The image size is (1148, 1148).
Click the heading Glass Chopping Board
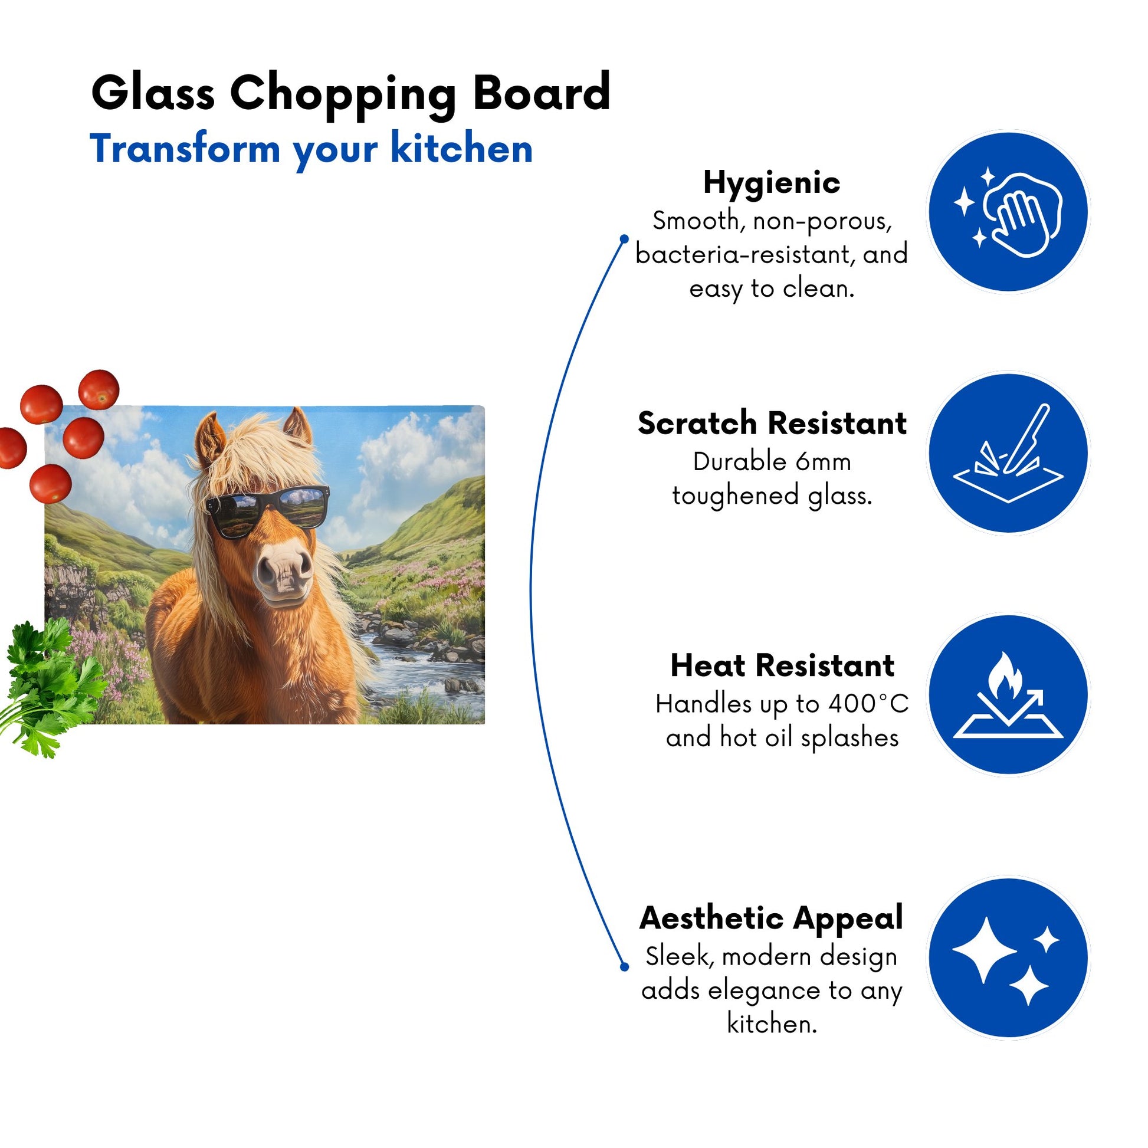(x=350, y=94)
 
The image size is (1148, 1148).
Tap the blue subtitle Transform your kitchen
(x=311, y=149)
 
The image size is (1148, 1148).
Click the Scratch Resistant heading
(x=772, y=423)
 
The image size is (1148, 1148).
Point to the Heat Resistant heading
(x=782, y=665)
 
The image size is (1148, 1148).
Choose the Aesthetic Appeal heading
(x=771, y=918)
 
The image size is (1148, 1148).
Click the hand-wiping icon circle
(x=1008, y=212)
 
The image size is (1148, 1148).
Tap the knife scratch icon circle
(x=1008, y=454)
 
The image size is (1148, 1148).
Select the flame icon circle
(x=1008, y=694)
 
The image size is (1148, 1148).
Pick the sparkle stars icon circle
(x=1008, y=958)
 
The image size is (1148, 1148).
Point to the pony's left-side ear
(x=210, y=439)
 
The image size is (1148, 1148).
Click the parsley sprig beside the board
(x=51, y=685)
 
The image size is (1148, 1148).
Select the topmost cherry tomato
(x=99, y=389)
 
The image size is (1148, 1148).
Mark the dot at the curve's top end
(x=624, y=239)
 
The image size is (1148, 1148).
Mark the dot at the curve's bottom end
(x=624, y=967)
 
